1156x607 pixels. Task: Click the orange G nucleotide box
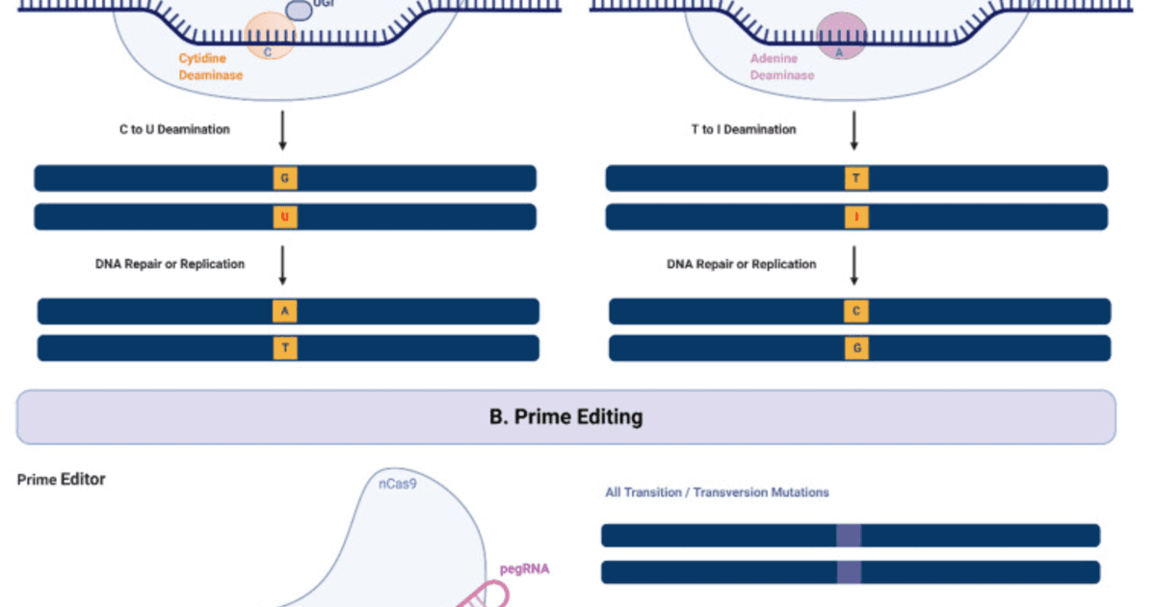tap(284, 178)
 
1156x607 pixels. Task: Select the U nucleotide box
tap(284, 217)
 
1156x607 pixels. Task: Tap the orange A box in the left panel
tap(284, 311)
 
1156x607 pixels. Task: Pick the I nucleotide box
tap(855, 217)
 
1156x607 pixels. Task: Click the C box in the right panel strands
tap(855, 311)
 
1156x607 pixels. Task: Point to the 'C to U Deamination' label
tap(174, 128)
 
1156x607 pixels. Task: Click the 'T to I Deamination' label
tap(744, 128)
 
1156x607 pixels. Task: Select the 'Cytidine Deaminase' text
tap(210, 66)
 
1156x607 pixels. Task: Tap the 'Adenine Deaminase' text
tap(781, 66)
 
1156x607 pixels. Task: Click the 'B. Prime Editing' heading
tap(565, 417)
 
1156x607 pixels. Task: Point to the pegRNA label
tap(525, 568)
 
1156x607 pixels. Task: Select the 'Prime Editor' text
tap(61, 479)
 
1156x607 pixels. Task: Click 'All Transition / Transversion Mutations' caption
tap(717, 492)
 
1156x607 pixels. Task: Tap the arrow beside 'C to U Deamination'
tap(282, 130)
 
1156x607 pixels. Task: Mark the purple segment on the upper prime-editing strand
tap(848, 535)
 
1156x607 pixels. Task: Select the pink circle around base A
tap(841, 34)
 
